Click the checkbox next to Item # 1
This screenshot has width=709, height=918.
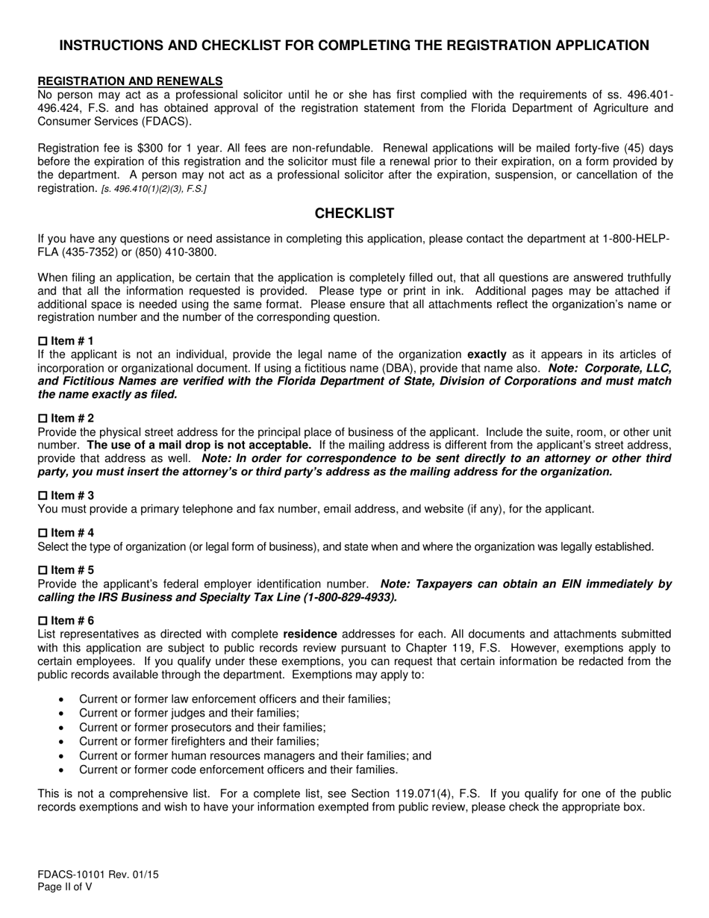[43, 340]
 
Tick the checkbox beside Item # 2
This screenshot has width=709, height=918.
[43, 418]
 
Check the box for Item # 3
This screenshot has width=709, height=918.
[43, 496]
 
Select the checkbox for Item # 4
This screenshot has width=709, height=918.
[43, 533]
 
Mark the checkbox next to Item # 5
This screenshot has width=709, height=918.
[43, 570]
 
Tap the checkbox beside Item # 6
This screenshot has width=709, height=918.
[43, 620]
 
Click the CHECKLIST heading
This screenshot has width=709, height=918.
[354, 213]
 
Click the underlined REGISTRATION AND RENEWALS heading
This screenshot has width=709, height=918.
[130, 81]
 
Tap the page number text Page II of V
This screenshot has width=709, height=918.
[66, 887]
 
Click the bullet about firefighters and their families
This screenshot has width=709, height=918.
[199, 741]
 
